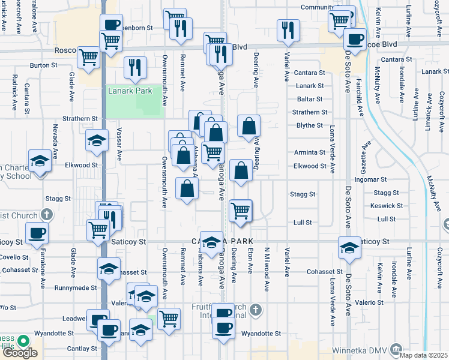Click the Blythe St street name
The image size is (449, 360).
point(310,125)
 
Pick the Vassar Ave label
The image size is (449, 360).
point(119,147)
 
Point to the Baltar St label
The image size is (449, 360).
point(310,99)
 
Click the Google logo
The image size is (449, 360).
point(20,353)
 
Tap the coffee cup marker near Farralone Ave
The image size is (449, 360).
point(36,233)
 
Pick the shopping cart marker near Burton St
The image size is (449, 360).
point(88,58)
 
